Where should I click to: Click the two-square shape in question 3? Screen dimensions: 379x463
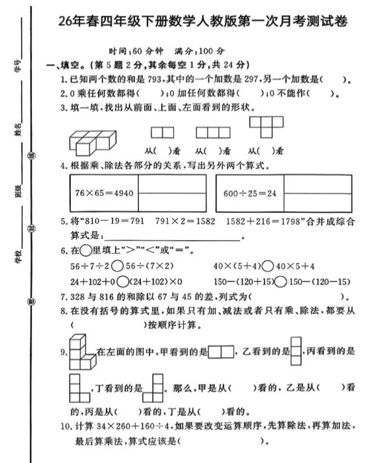point(161,132)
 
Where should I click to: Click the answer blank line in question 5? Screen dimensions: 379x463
point(173,238)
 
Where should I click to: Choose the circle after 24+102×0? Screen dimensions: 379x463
point(122,281)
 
